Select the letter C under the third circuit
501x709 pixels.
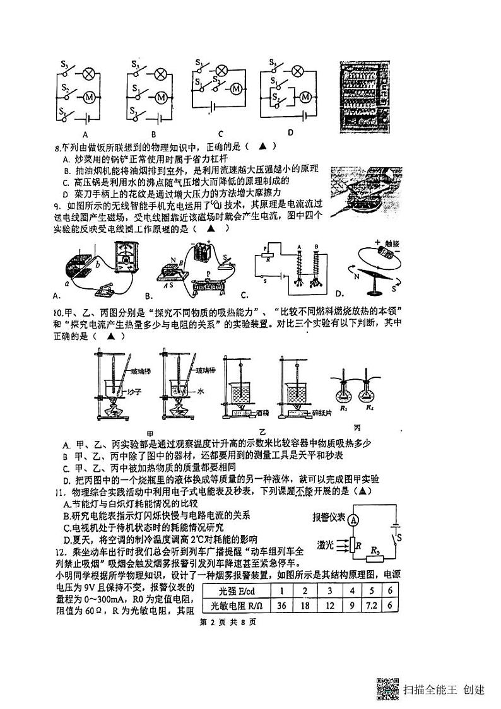(x=221, y=133)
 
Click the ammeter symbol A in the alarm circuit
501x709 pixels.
(x=355, y=519)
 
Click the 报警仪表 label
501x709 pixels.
(x=329, y=518)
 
